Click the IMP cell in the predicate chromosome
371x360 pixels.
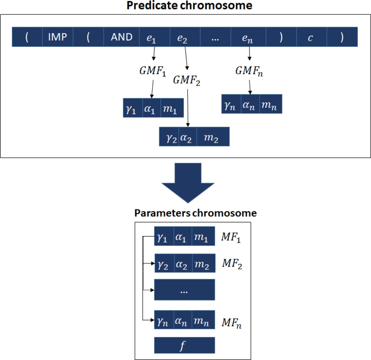pos(58,37)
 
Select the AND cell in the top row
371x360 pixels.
pos(121,37)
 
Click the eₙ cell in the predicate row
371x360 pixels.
pos(249,37)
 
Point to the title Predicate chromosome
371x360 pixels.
pos(185,6)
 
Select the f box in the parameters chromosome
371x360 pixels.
pos(184,345)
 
